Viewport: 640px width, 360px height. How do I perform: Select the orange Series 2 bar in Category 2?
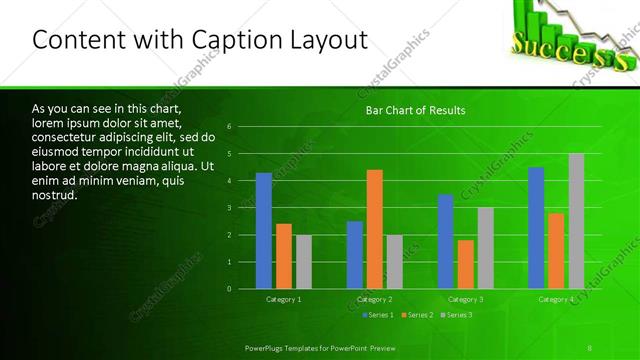375,229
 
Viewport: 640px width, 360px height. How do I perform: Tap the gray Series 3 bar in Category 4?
576,221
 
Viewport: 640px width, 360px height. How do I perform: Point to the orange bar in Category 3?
466,264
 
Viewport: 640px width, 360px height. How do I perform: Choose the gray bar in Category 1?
304,262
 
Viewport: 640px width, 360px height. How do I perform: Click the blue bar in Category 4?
536,228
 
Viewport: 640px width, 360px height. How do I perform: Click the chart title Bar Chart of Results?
415,109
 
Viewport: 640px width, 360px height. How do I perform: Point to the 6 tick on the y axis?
230,127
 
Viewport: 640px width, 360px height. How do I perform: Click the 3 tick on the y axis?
230,208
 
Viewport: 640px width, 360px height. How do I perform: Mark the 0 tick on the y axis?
230,289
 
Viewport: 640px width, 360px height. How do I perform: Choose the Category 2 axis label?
375,299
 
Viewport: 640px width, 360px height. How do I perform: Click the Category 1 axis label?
284,299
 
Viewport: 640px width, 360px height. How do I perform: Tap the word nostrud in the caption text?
53,195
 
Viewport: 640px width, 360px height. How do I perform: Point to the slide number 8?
590,346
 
